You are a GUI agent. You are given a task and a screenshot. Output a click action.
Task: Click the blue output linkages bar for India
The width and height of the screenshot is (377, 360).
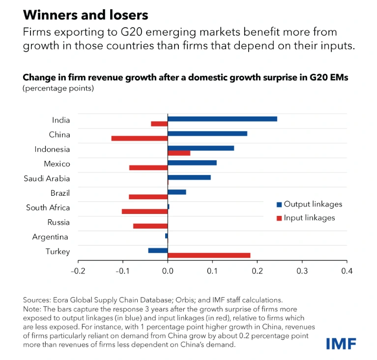click(x=222, y=119)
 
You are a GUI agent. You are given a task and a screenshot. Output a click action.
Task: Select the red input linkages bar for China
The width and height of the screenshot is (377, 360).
click(x=139, y=138)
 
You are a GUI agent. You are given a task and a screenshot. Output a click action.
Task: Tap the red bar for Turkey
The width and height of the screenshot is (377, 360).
click(x=209, y=255)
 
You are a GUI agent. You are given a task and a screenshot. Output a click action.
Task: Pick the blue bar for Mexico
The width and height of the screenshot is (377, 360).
click(x=192, y=162)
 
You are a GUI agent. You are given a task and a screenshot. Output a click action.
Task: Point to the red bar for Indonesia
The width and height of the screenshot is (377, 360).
click(x=179, y=153)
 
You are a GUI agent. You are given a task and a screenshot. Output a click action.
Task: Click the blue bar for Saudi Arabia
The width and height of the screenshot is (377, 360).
click(x=189, y=177)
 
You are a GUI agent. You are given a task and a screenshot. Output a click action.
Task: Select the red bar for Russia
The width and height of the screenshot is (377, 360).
click(x=150, y=226)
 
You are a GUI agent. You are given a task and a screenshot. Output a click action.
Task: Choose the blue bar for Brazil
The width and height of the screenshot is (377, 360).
click(x=177, y=192)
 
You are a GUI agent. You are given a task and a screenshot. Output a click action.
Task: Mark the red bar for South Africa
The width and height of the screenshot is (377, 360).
click(x=145, y=211)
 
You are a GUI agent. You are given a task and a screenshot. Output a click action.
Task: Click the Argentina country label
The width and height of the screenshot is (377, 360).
click(x=51, y=237)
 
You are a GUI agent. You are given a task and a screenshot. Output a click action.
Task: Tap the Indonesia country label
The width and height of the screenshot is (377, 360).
click(x=52, y=150)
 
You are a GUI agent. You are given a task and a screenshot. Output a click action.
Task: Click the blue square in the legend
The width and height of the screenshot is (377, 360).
click(x=279, y=204)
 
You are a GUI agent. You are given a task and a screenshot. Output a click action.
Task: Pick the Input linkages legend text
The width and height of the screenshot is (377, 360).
click(x=309, y=218)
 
